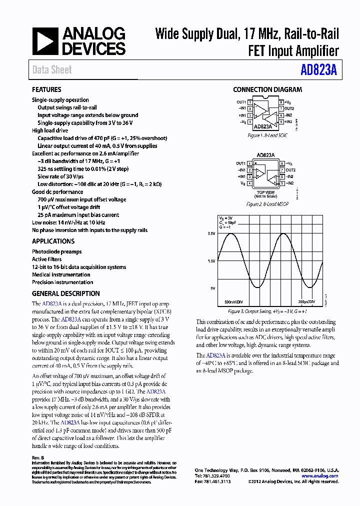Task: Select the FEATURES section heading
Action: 46,90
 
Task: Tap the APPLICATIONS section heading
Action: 53,241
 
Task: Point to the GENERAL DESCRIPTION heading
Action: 66,293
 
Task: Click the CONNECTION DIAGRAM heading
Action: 267,90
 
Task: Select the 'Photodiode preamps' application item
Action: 57,251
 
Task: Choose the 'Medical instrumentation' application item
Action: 61,274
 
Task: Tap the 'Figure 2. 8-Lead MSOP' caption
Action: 267,204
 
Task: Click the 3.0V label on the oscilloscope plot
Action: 211,233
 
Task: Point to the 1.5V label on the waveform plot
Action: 211,261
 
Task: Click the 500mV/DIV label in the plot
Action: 234,302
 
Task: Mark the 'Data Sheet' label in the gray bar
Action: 52,70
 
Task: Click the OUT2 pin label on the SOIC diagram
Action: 290,108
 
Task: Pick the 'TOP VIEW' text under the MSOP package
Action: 265,192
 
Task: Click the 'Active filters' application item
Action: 47,259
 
